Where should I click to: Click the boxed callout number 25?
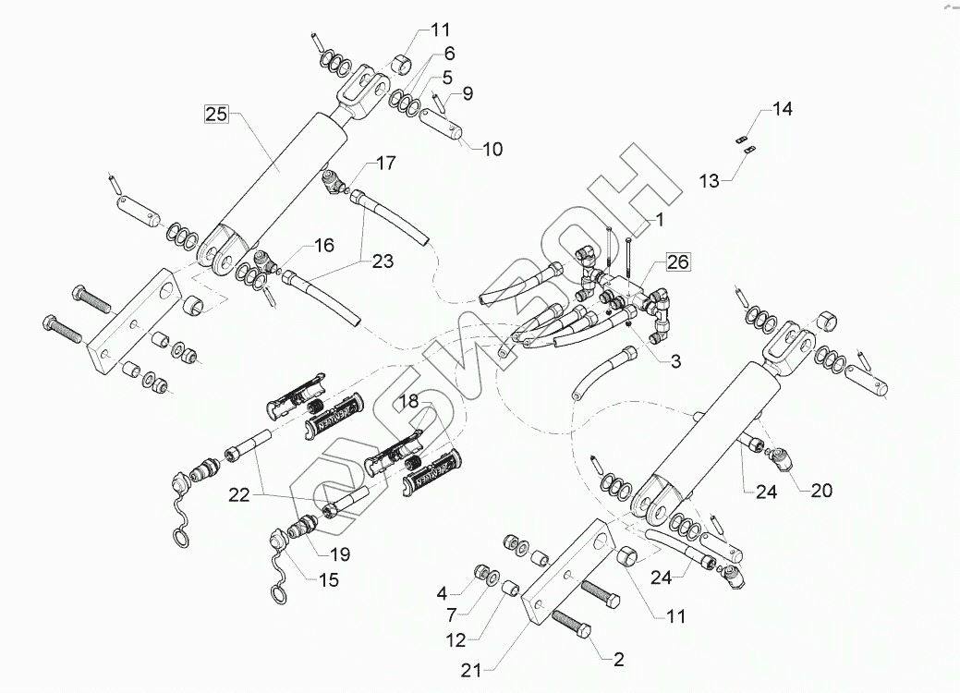tap(215, 115)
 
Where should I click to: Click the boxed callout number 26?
tap(676, 262)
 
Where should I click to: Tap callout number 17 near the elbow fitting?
tap(360, 164)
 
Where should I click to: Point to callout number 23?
tap(383, 261)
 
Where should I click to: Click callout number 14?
tap(782, 109)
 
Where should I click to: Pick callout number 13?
tap(709, 181)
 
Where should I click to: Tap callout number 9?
tap(467, 92)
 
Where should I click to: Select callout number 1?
tap(660, 220)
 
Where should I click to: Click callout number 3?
tap(674, 361)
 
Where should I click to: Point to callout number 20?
tap(820, 491)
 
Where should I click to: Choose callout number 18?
tap(408, 400)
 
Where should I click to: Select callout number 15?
tap(328, 580)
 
